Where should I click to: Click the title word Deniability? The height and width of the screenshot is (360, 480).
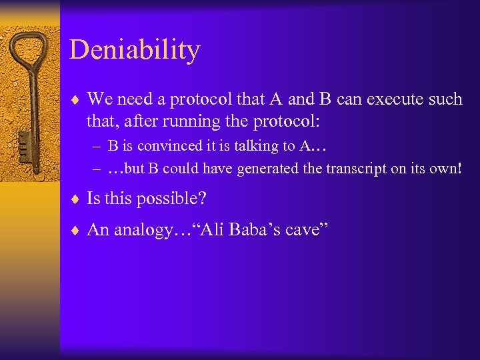135,50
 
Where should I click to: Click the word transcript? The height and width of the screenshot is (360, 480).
348,168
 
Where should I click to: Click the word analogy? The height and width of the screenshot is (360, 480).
141,230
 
